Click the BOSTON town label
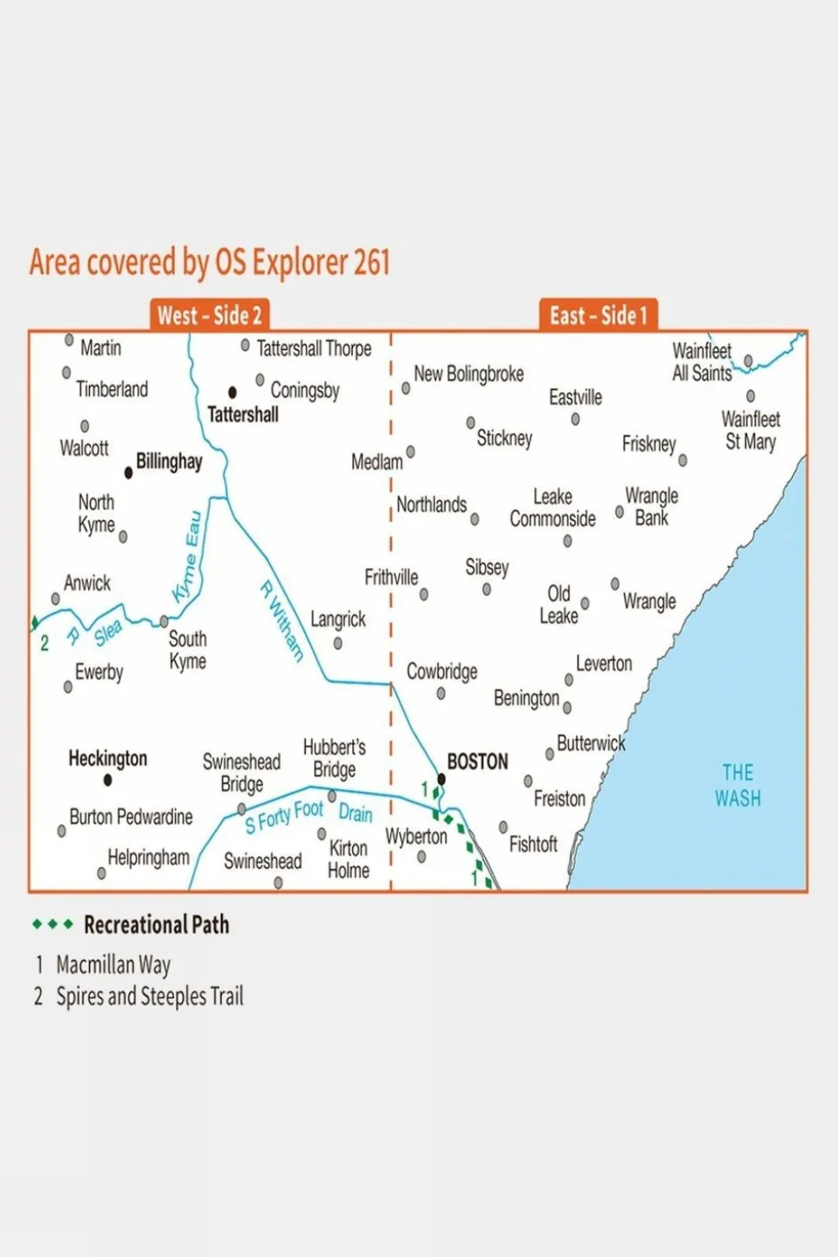[477, 762]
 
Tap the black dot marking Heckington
[107, 780]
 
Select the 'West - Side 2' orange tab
[210, 315]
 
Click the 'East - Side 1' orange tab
[598, 315]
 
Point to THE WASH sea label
[738, 785]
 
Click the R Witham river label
[281, 621]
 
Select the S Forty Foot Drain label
[308, 815]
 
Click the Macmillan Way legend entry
[113, 964]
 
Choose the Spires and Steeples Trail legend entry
[149, 996]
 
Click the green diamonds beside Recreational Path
[52, 924]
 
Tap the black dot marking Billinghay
[128, 473]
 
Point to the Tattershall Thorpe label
[314, 349]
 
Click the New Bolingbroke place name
[468, 374]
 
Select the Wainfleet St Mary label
[751, 431]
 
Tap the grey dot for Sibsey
[487, 590]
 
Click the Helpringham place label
[149, 858]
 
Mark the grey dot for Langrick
[338, 644]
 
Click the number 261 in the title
[371, 262]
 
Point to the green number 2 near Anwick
[45, 644]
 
